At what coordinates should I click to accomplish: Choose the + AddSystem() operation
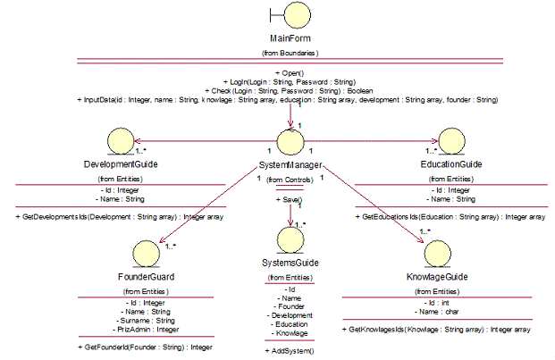pos(290,351)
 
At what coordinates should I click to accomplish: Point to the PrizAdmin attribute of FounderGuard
pos(148,329)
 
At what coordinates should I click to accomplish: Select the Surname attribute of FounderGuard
pos(148,320)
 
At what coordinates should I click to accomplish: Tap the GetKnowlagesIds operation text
pos(437,330)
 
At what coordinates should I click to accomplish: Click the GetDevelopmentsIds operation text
pos(119,216)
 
